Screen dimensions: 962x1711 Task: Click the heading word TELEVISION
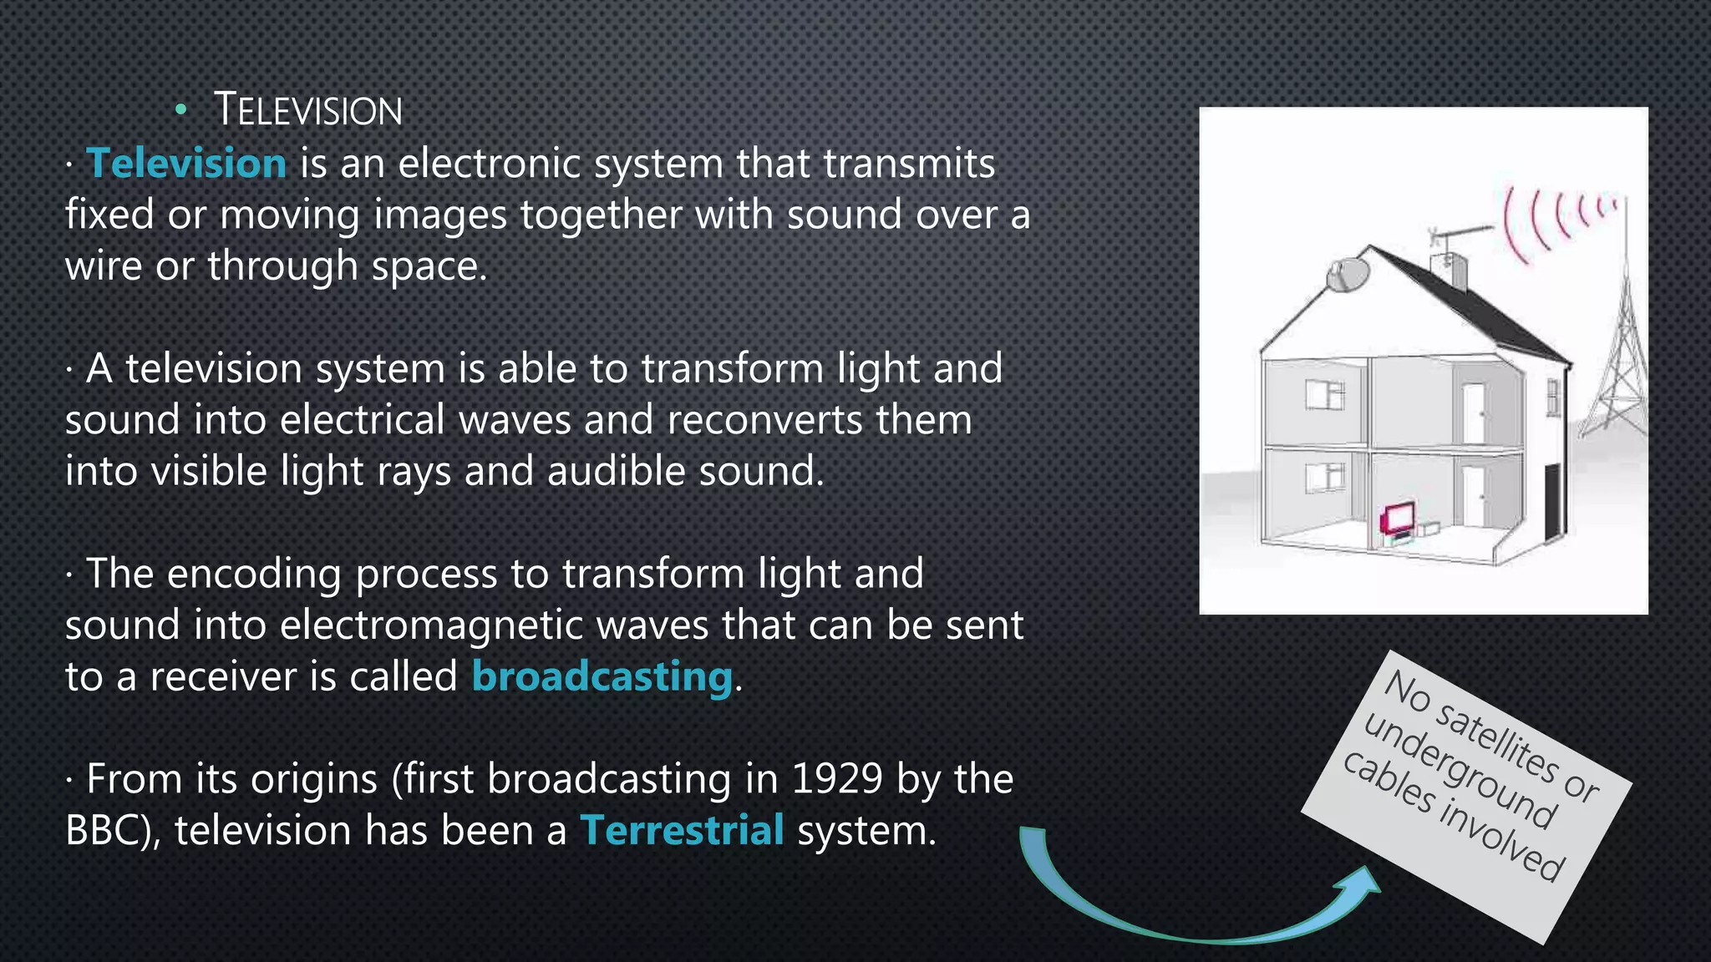coord(307,111)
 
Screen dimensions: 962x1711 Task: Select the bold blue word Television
coord(187,163)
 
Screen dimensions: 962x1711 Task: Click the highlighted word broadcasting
coord(602,676)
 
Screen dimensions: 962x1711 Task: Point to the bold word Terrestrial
coord(682,830)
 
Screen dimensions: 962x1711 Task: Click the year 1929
coord(837,779)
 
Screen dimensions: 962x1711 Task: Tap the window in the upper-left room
coord(1326,395)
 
